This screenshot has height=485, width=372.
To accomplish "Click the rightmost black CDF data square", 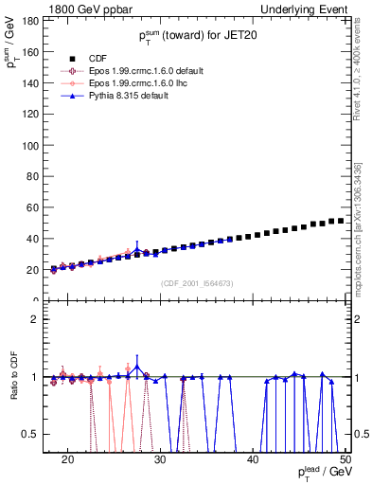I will point(341,221).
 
